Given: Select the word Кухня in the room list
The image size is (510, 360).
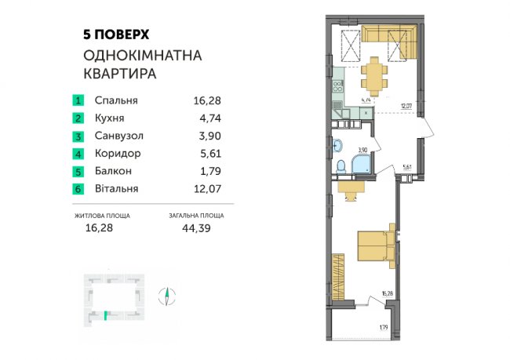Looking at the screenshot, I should click(111, 118).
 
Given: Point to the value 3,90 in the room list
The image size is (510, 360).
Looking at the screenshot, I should click(203, 136).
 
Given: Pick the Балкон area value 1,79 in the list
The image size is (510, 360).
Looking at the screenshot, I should click(203, 171).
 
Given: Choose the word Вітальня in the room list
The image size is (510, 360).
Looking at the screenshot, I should click(116, 188).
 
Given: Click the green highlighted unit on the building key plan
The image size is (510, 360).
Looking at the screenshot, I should click(104, 316).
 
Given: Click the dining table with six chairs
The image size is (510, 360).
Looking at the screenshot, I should click(374, 77).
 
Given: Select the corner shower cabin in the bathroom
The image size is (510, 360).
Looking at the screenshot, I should click(362, 164).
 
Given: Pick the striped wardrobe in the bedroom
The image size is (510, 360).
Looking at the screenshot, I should click(339, 271).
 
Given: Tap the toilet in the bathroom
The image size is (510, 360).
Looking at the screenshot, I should click(341, 168).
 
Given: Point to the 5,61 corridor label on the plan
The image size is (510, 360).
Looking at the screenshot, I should click(406, 166).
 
